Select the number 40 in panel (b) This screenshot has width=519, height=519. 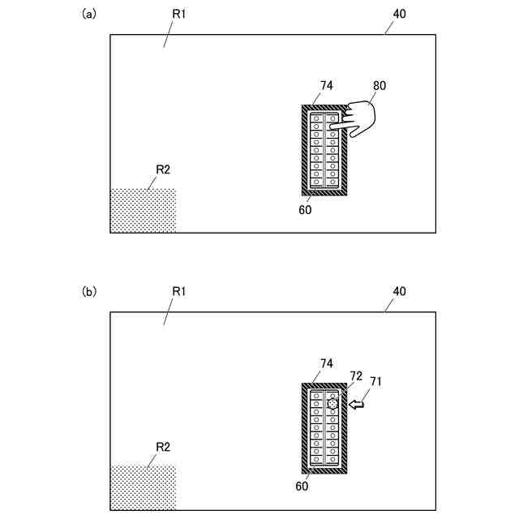coord(399,291)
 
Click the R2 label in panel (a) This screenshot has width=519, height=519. coord(162,169)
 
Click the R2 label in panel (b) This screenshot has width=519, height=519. coord(162,447)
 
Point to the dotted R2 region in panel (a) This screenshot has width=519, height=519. coord(143,211)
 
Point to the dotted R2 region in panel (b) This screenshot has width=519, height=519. coord(143,487)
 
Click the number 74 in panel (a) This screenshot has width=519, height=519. coord(328,85)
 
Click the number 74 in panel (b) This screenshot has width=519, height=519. coord(328,364)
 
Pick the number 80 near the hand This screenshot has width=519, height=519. coord(380,85)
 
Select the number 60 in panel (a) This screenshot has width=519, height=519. coord(304,208)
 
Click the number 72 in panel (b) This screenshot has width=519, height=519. coord(356,375)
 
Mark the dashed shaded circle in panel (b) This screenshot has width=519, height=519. coord(332,403)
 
